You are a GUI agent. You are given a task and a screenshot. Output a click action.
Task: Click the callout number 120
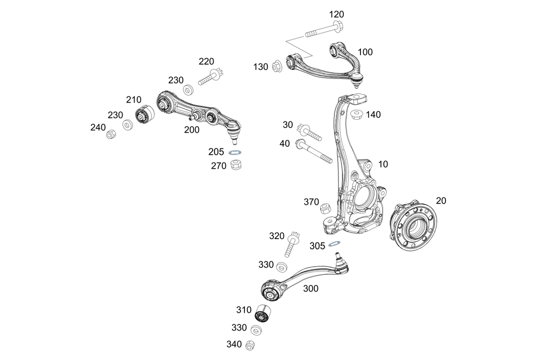[x=336, y=14]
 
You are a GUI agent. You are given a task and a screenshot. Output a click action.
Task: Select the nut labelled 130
[x=276, y=66]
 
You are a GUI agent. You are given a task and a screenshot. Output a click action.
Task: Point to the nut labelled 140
[x=357, y=114]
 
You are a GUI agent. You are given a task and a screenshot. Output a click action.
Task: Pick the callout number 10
[x=383, y=164]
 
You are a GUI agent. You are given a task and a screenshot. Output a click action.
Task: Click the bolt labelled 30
[x=309, y=132]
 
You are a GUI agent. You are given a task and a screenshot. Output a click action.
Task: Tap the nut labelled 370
[x=326, y=208]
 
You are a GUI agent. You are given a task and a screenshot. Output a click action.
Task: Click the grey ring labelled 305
[x=335, y=243]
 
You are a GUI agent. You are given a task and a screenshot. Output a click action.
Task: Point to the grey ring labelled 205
[x=236, y=152]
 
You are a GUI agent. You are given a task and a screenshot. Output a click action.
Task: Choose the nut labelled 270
[x=236, y=165]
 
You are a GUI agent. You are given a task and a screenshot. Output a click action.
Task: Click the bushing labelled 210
[x=144, y=115]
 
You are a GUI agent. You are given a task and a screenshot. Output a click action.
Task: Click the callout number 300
[x=311, y=288]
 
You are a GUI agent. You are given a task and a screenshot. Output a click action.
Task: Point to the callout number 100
[x=365, y=52]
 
